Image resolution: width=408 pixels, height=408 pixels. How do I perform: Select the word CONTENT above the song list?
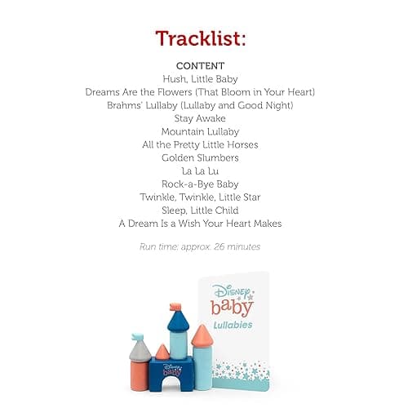click(x=200, y=65)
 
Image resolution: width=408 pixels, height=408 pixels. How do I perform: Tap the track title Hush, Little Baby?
click(x=200, y=78)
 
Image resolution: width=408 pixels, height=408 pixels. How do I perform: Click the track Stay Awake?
click(x=200, y=118)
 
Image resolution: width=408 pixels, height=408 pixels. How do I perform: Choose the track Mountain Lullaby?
click(x=200, y=131)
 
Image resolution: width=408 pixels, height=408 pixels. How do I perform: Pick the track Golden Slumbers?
click(x=200, y=157)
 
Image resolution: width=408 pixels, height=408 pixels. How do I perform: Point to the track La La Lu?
click(x=200, y=171)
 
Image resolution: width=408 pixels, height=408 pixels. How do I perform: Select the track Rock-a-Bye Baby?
click(x=200, y=184)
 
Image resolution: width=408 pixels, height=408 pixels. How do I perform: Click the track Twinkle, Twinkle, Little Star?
click(x=200, y=197)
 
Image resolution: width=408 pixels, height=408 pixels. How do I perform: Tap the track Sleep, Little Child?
click(x=200, y=210)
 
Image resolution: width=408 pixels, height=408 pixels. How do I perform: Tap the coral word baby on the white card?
click(x=232, y=307)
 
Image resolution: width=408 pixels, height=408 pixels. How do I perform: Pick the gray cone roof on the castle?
click(x=140, y=348)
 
